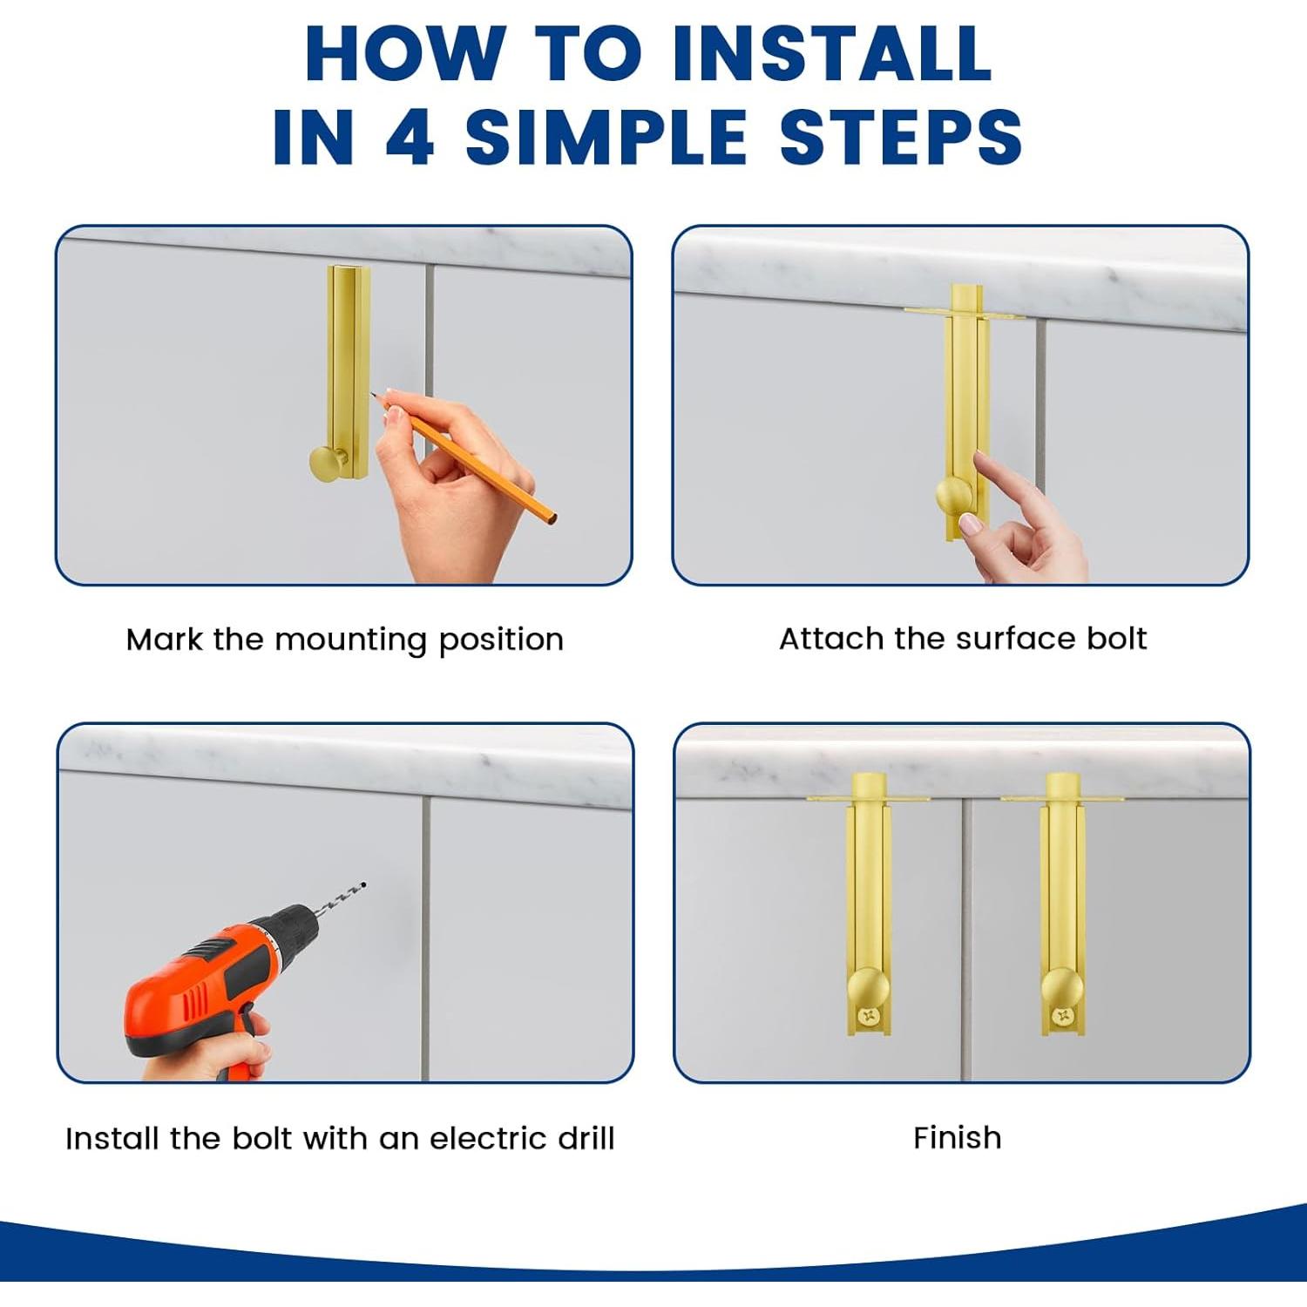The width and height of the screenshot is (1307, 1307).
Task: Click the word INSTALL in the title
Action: [x=832, y=53]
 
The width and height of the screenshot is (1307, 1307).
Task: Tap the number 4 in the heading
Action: [x=410, y=137]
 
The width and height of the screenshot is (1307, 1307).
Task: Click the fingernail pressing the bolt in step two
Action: [x=968, y=523]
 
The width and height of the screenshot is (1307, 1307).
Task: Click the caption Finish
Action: [x=957, y=1137]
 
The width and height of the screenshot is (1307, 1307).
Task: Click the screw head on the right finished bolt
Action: [x=1062, y=1015]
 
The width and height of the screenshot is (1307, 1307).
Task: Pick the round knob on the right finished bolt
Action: [x=1062, y=989]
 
